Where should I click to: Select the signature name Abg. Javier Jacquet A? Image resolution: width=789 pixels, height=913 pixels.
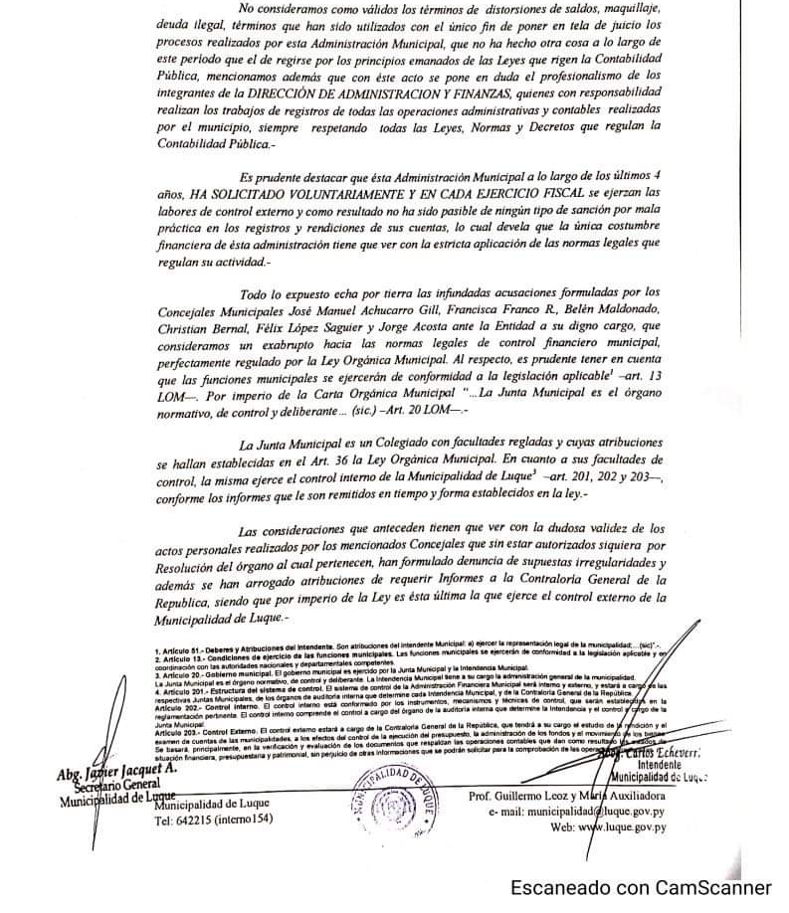[x=116, y=771]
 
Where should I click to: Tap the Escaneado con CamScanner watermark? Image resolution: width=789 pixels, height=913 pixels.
[x=642, y=887]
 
